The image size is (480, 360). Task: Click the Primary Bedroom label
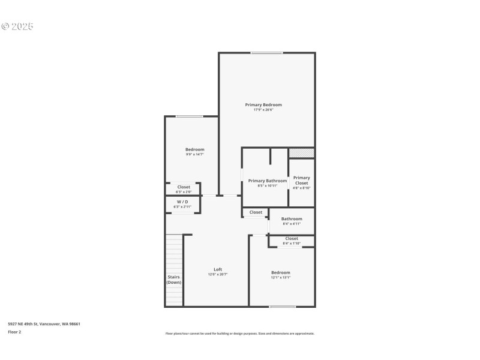(x=263, y=105)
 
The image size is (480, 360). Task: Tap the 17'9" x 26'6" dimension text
(x=263, y=110)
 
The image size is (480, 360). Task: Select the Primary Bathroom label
(x=268, y=181)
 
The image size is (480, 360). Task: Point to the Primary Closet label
(x=302, y=180)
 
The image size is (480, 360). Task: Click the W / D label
(x=182, y=202)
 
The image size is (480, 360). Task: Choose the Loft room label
(x=218, y=269)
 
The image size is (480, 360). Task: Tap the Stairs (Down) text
(x=174, y=280)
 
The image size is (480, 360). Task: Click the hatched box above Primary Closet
(x=302, y=153)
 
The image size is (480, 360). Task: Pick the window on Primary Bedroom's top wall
(x=266, y=53)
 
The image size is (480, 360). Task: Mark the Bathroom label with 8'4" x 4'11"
(x=292, y=219)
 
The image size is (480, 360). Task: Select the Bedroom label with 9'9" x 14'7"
(x=195, y=149)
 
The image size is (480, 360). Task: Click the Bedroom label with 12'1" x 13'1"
(x=280, y=272)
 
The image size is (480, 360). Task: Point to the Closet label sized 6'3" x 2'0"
(x=184, y=187)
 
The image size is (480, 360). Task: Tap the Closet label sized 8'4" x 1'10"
(x=292, y=239)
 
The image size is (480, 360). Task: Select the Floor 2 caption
(x=14, y=332)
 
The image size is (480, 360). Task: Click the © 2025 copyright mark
(x=17, y=26)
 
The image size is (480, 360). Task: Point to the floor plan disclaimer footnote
(x=240, y=334)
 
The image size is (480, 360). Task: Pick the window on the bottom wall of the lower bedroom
(x=282, y=307)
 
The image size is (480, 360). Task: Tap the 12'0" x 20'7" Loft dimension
(x=218, y=274)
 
